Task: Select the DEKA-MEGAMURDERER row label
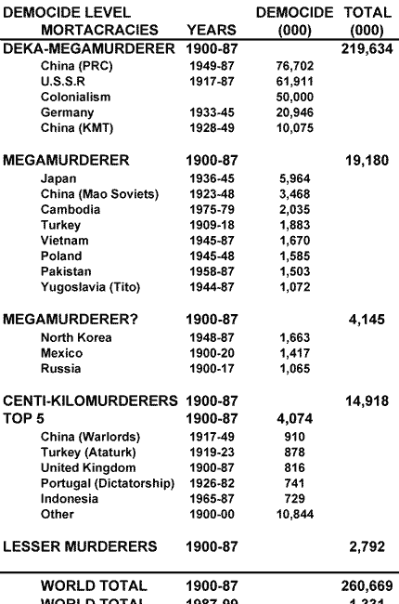coord(89,47)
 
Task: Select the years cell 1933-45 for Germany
coord(209,112)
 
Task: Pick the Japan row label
coord(58,178)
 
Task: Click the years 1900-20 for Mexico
coord(209,353)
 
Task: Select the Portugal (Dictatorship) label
coord(108,483)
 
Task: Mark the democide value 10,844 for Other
coord(295,514)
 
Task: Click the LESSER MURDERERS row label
coord(80,545)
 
